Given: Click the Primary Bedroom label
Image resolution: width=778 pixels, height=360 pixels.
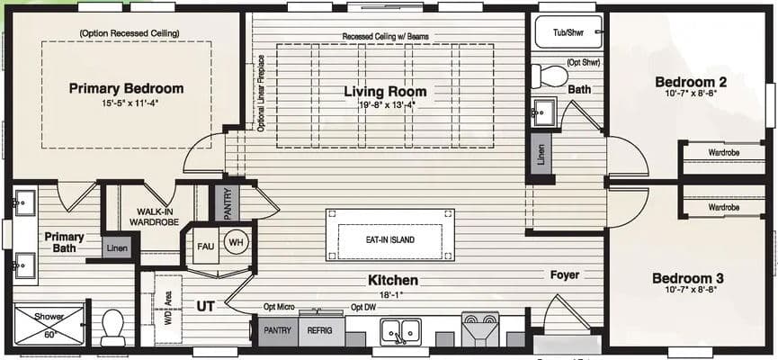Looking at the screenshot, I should tap(127, 88).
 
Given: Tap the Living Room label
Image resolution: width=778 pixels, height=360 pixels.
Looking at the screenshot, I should tap(385, 92).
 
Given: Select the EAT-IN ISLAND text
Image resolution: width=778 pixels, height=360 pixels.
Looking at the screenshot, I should tap(390, 240).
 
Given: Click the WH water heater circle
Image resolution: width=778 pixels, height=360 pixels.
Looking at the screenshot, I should tap(236, 241).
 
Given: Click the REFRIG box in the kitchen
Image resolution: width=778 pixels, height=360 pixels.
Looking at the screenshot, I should tap(320, 330).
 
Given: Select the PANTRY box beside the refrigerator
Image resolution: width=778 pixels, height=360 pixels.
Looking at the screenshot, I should tap(277, 330).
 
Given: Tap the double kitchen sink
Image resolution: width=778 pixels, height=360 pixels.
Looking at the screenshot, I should tap(401, 331).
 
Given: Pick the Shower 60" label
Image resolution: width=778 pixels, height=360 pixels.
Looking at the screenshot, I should tap(49, 324).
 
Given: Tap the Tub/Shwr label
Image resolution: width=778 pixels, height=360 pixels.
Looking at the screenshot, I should tap(568, 32).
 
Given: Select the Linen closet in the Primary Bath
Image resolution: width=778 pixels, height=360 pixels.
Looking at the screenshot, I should tap(117, 247).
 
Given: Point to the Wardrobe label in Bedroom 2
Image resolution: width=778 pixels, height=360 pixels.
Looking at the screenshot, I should tap(723, 153).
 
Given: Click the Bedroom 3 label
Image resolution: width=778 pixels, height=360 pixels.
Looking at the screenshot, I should tap(688, 278).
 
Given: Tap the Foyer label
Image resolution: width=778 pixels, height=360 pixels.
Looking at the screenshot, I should tap(565, 274).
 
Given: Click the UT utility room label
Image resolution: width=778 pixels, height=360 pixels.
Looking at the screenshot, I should tap(204, 306).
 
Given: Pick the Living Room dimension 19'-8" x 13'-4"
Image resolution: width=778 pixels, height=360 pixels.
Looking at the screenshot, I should tap(385, 105).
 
